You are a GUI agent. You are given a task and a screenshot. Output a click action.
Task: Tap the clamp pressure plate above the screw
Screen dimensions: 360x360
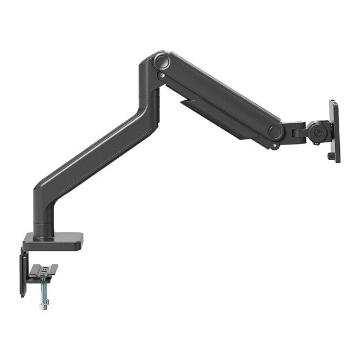coord(46,270)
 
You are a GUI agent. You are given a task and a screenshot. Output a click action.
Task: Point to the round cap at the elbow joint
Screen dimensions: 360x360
coord(161,60)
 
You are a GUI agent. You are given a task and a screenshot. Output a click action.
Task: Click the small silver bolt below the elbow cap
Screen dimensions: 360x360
coord(163,74)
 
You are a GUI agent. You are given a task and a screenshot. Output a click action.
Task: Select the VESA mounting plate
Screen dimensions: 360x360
coord(334,131)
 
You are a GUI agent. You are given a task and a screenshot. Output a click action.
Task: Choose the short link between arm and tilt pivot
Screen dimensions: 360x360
coord(297,132)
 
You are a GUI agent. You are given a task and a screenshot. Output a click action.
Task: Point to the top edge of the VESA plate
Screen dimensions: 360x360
coord(333,102)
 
